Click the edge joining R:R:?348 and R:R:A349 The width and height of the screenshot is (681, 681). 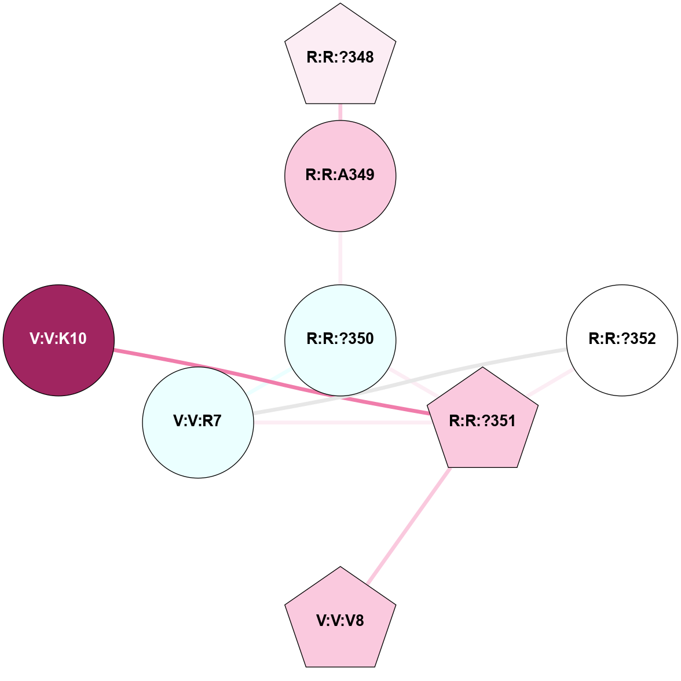[x=340, y=112]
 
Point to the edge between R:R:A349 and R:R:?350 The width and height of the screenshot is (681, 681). [x=340, y=258]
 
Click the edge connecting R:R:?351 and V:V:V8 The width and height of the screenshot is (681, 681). [x=409, y=526]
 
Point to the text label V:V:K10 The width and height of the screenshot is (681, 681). [x=58, y=339]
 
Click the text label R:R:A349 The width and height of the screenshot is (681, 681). [x=340, y=174]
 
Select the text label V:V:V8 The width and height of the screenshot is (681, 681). [x=340, y=621]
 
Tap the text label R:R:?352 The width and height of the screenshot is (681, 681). [x=622, y=339]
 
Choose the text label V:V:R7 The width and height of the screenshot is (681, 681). [x=197, y=421]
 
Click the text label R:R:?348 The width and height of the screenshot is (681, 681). [x=340, y=57]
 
